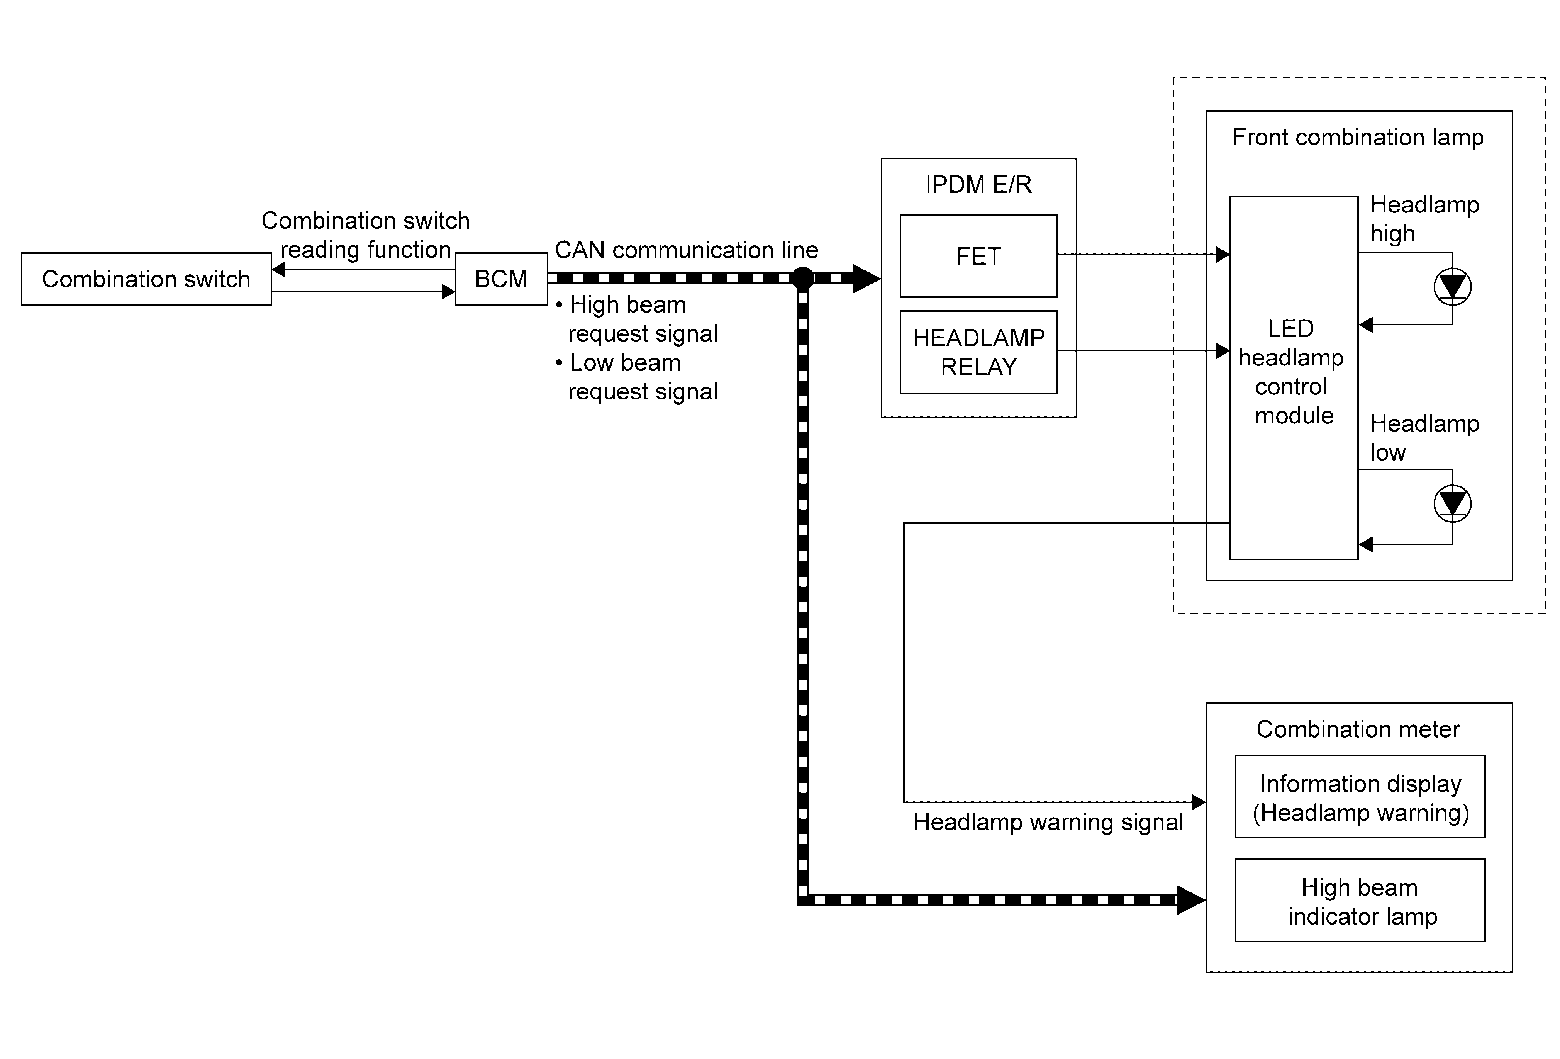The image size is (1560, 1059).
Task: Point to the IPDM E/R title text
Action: point(979,184)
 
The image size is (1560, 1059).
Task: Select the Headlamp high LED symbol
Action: point(1453,287)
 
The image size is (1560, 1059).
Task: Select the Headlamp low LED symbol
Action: point(1453,504)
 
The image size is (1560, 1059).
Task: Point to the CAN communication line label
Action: point(686,250)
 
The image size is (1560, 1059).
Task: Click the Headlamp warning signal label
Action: point(1048,822)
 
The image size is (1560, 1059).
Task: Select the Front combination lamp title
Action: point(1358,137)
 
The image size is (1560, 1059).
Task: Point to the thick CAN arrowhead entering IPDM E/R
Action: point(866,278)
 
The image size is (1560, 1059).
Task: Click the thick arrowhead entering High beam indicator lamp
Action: point(1192,900)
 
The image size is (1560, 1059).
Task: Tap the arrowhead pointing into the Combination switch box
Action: point(278,269)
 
